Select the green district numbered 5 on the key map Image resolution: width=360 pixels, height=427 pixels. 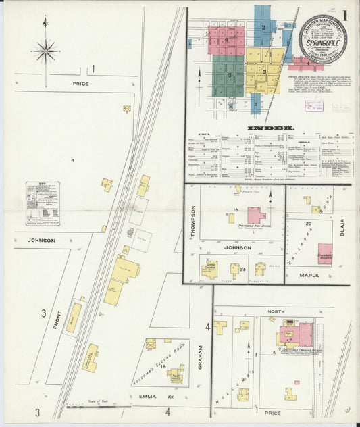pos(228,74)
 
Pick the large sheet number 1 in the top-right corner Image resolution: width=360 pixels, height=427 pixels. pos(344,15)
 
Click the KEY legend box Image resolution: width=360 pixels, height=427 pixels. pos(42,203)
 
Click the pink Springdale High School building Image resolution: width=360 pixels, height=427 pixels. pos(257,216)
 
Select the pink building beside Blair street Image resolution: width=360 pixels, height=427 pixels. pos(325,253)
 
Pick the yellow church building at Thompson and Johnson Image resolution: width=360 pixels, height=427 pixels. pos(209,270)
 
